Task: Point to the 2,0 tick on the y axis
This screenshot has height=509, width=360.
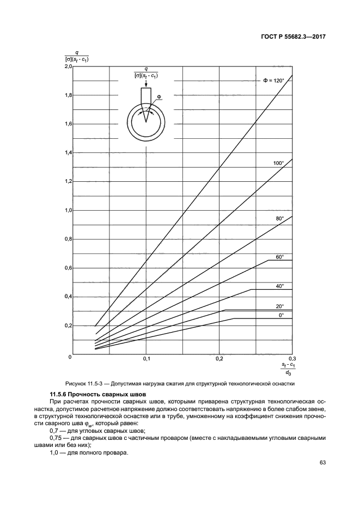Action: click(68, 66)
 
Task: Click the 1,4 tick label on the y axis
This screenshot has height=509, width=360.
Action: click(68, 153)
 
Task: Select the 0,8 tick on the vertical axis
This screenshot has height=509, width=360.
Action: click(68, 239)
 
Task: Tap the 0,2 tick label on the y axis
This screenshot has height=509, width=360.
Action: click(68, 326)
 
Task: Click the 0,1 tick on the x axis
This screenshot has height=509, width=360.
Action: click(147, 360)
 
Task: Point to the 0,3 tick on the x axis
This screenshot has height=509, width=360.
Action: click(292, 360)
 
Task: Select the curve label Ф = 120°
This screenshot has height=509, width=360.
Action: click(274, 81)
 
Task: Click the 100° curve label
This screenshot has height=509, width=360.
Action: click(278, 163)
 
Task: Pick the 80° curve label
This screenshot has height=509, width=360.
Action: click(280, 218)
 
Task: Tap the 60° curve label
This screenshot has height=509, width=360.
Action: click(279, 256)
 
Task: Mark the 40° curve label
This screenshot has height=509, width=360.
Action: click(279, 286)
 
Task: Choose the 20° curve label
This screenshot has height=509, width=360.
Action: click(279, 306)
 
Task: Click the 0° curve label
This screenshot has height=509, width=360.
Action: click(281, 315)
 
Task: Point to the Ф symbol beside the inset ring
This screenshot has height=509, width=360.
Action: click(158, 97)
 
